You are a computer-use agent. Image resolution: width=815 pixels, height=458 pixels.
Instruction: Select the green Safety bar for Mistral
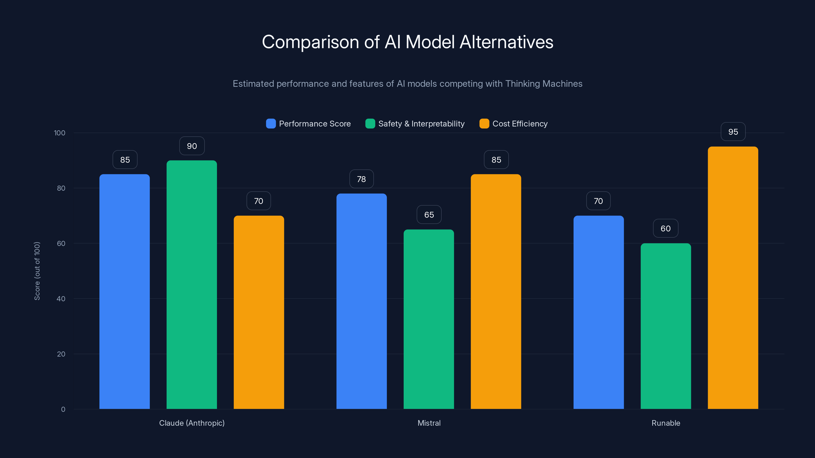[x=429, y=319]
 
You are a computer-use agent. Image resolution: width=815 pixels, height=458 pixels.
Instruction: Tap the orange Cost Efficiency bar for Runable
[x=733, y=278]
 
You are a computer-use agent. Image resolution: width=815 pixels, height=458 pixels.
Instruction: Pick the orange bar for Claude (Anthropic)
[x=259, y=312]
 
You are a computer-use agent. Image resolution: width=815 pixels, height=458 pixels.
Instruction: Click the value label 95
[x=733, y=132]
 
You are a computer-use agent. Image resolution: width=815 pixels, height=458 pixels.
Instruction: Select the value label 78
[x=361, y=179]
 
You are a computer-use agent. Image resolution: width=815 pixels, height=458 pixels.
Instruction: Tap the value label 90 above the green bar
[x=192, y=146]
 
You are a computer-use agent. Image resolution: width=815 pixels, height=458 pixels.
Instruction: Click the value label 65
[x=429, y=215]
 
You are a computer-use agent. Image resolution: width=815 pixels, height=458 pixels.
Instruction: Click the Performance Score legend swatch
[x=271, y=124]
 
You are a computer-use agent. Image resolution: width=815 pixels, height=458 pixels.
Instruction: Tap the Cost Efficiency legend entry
[x=520, y=124]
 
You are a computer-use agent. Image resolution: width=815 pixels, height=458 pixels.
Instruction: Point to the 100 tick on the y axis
[x=60, y=133]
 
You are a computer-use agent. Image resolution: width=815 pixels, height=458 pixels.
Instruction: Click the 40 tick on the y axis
[x=61, y=299]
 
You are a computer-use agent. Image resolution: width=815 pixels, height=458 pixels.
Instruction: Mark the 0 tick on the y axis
[x=63, y=409]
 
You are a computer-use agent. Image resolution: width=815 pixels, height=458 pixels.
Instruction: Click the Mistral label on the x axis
[x=429, y=423]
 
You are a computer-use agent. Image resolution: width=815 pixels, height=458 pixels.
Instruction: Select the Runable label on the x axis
[x=666, y=423]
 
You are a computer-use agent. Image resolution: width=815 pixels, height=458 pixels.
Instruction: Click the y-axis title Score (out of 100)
[x=37, y=271]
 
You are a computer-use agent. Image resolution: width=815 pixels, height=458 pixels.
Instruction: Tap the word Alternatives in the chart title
[x=506, y=42]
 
